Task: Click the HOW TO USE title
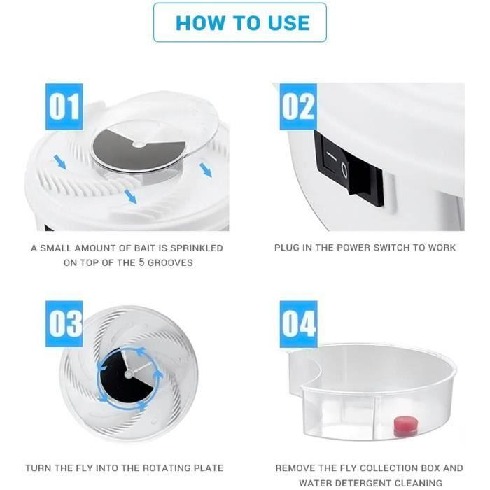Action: (x=242, y=23)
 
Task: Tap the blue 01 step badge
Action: (x=64, y=106)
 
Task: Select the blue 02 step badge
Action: (x=298, y=106)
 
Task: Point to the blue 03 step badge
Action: (x=64, y=323)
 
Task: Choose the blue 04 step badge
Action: (x=298, y=323)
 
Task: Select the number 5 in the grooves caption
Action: (x=141, y=262)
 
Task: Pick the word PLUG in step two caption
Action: (x=286, y=248)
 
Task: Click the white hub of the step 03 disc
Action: (x=128, y=374)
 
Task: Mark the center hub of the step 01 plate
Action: (x=139, y=144)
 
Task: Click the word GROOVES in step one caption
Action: (x=170, y=262)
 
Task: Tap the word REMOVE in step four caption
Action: (x=292, y=468)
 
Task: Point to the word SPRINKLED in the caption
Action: (x=197, y=248)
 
